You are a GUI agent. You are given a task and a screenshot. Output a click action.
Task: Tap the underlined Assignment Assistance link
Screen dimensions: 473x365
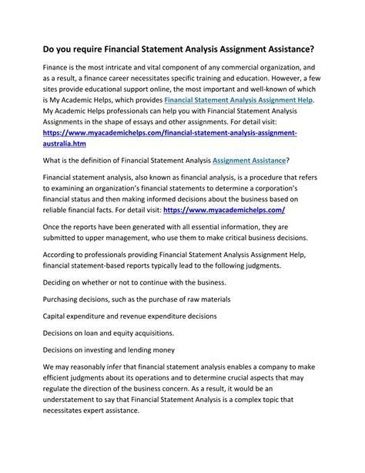[249, 160]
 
